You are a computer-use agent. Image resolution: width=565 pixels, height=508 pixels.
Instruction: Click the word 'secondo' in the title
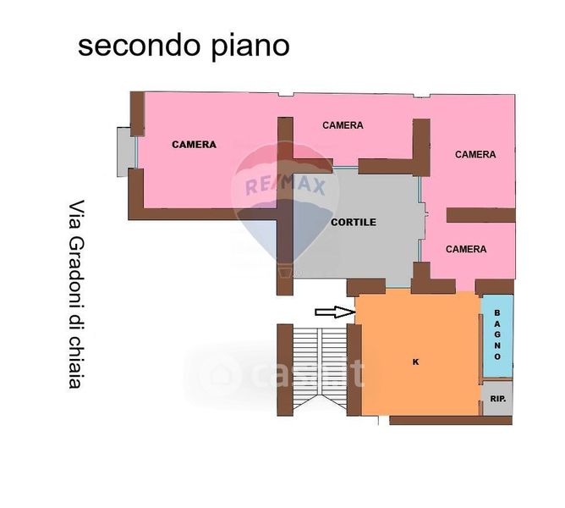139,46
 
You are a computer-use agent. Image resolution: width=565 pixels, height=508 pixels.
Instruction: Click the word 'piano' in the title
250,47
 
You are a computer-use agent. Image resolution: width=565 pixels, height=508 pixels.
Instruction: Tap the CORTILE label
354,222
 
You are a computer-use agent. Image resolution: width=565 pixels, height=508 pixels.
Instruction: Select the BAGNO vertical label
497,334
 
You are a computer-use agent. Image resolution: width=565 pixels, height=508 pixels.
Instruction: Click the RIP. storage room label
498,399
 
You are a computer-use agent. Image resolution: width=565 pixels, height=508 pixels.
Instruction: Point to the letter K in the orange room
416,362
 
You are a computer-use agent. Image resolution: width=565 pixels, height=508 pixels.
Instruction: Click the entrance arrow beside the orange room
336,312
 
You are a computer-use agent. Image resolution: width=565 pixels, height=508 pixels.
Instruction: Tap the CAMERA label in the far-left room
195,145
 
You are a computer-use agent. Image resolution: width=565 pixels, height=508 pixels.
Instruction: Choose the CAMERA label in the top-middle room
343,125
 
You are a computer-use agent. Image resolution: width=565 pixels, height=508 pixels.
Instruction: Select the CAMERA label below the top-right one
466,249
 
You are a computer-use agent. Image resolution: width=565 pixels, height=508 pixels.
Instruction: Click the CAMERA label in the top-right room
475,154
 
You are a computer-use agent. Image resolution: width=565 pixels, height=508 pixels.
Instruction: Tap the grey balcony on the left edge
126,152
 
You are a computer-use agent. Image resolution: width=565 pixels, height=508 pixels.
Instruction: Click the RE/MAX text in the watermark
285,185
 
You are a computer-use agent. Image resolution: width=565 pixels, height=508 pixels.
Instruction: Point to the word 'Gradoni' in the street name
76,275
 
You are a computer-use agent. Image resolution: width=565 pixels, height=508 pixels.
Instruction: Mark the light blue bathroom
497,335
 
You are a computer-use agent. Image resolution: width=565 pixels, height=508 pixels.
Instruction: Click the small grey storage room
497,398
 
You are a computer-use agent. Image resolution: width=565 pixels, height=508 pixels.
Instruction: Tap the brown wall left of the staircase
285,370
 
